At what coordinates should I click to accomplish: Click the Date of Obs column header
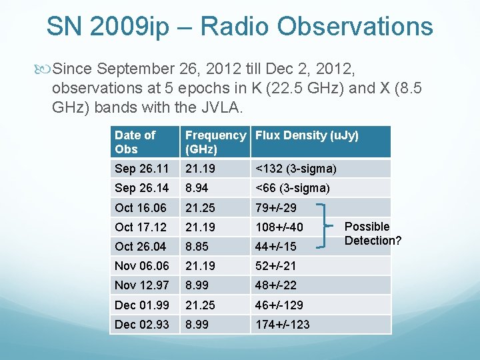[135, 142]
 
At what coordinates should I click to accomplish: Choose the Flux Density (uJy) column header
[307, 136]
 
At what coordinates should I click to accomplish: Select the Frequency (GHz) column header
[215, 142]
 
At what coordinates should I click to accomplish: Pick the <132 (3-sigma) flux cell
[295, 169]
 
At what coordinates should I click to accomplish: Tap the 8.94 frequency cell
[197, 189]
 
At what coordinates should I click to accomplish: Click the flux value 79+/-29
[276, 208]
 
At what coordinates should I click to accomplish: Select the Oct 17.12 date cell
[140, 227]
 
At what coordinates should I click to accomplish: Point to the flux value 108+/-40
[279, 227]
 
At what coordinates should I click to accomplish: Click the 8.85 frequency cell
[197, 247]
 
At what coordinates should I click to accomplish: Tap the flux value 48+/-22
[276, 285]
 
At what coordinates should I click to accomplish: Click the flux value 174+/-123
[282, 325]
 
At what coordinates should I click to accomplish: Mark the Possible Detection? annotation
[373, 233]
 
